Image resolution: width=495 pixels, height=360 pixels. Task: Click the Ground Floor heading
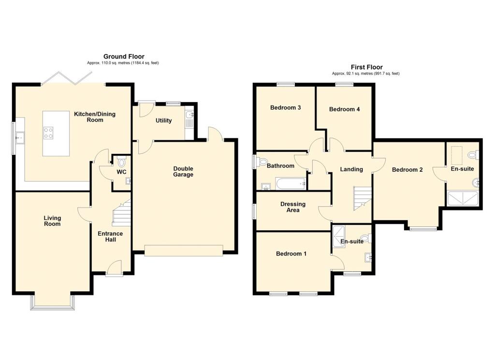[x=124, y=57]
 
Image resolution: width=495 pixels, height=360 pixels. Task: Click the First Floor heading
[x=366, y=67]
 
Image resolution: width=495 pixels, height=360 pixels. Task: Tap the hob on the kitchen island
[x=48, y=133]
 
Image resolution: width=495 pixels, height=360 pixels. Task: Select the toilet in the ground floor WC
[x=121, y=162]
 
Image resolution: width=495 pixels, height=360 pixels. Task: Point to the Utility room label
[x=163, y=120]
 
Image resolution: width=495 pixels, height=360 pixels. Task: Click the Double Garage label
[x=183, y=172]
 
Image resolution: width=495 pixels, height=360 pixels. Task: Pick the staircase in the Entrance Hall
[x=122, y=213]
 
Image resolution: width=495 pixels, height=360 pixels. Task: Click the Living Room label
[x=52, y=221]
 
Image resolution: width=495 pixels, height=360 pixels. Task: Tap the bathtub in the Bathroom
[x=291, y=184]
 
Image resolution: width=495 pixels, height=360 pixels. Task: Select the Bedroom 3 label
[x=285, y=107]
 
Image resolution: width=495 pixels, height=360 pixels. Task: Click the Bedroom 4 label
[x=344, y=109]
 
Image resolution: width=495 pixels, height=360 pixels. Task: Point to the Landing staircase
[x=363, y=198]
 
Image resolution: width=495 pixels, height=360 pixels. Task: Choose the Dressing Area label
[x=293, y=207]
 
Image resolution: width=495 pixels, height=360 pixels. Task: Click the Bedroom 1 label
[x=291, y=254]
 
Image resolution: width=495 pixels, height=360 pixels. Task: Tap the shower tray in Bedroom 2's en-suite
[x=463, y=198]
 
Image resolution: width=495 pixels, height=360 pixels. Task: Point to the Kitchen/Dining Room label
[x=95, y=117]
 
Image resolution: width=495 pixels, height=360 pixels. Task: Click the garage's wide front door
[x=184, y=250]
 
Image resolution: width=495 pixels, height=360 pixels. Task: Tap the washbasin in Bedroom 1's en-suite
[x=368, y=257]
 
